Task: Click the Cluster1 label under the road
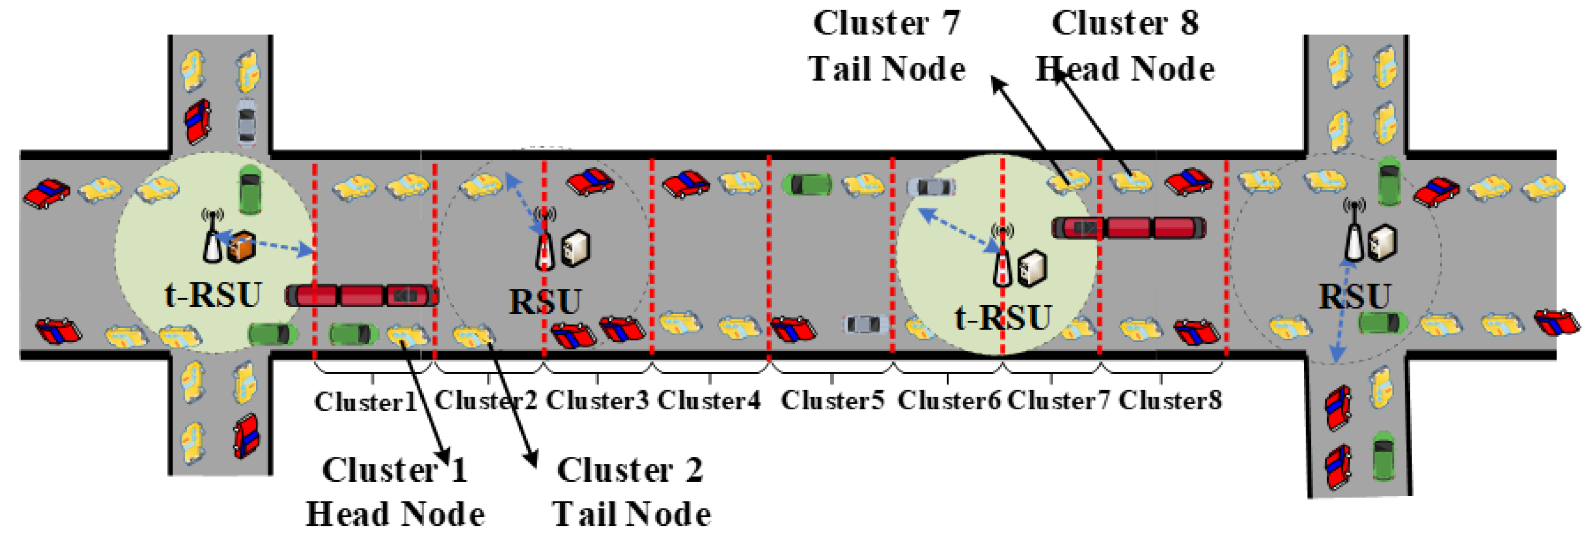click(x=366, y=402)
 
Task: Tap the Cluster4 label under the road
click(x=709, y=400)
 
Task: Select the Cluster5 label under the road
click(x=832, y=400)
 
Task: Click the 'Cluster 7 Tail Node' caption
click(x=887, y=46)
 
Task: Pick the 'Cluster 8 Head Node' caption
click(x=1125, y=46)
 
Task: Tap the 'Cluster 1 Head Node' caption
click(x=395, y=492)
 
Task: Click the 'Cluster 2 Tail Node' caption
click(x=630, y=492)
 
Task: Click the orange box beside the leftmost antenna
click(x=241, y=246)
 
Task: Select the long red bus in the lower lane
click(x=362, y=295)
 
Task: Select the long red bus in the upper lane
click(x=1129, y=228)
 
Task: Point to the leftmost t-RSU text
click(x=213, y=295)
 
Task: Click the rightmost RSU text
click(x=1354, y=296)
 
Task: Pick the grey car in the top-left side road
click(x=247, y=122)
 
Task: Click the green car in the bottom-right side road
click(x=1383, y=456)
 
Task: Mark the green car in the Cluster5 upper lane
click(x=807, y=184)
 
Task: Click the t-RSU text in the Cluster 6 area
click(x=1002, y=317)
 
